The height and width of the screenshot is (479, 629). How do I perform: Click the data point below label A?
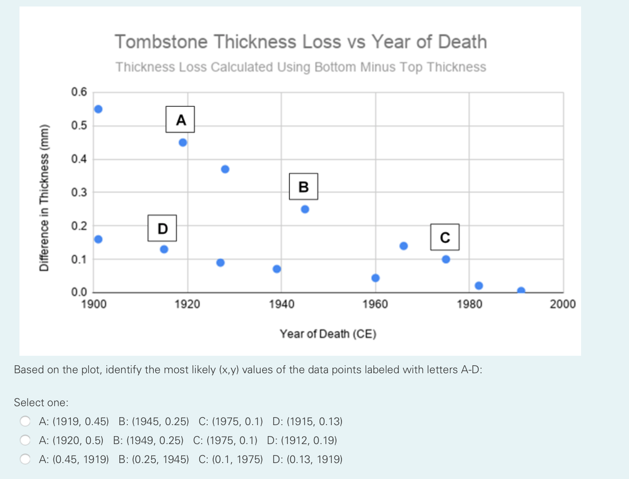click(183, 143)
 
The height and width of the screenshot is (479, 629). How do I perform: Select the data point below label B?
click(305, 209)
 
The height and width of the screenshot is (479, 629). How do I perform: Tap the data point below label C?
click(446, 259)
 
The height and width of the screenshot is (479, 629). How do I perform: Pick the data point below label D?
click(164, 249)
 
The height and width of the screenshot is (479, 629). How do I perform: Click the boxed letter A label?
click(180, 119)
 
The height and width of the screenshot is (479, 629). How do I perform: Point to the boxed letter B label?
click(304, 187)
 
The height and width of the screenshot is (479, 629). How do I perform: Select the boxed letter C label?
click(445, 237)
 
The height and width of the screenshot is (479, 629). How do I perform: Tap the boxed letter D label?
click(162, 228)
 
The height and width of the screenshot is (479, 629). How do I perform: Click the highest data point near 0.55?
click(98, 109)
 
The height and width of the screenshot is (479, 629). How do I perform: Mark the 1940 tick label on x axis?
click(282, 304)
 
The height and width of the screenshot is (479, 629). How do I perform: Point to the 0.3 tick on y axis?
click(79, 193)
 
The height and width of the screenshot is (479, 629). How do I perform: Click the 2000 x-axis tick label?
click(563, 304)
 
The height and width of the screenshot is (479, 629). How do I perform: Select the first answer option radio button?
click(25, 421)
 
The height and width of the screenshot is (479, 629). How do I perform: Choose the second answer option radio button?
click(25, 440)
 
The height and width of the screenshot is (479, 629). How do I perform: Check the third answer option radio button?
click(25, 459)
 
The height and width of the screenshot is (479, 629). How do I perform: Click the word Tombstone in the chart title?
click(161, 42)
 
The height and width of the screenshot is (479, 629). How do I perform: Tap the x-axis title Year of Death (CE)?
click(328, 334)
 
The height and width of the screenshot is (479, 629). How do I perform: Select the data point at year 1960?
click(375, 278)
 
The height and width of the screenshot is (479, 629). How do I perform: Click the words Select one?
click(41, 403)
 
